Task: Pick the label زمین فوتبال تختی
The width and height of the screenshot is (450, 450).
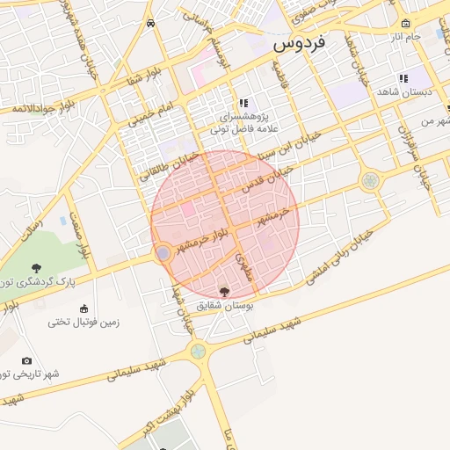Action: (x=83, y=322)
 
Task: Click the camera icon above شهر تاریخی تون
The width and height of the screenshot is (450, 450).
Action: (x=26, y=360)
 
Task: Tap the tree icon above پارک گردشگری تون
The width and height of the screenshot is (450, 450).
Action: (x=36, y=268)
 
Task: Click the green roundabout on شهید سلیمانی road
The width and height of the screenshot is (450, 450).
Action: (x=200, y=351)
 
